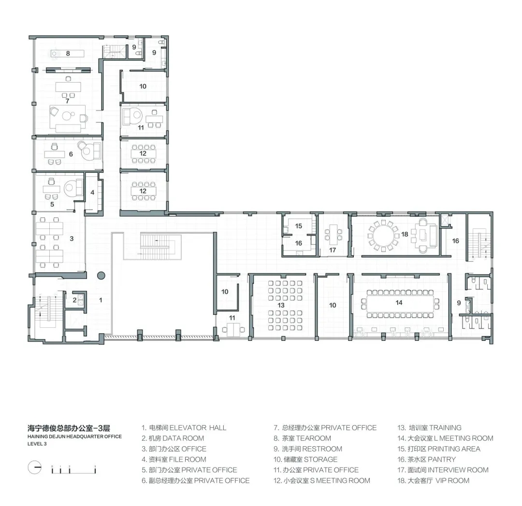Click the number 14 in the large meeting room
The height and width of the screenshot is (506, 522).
[399, 303]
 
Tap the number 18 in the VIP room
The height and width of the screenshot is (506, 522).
[405, 234]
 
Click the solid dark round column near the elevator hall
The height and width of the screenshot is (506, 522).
[101, 275]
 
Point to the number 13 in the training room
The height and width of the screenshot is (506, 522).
[281, 305]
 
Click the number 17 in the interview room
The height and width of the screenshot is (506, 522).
[333, 250]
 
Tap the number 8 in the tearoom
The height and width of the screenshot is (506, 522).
[68, 53]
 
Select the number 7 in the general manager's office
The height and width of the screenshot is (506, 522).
[67, 101]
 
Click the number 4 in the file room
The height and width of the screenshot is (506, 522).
[92, 192]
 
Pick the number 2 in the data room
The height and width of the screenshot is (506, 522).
[74, 300]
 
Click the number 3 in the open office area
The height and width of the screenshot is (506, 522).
[72, 239]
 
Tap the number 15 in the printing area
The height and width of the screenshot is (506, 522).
[299, 226]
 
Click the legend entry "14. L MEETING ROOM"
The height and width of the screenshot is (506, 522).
[446, 438]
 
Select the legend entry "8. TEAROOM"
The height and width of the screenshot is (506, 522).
[303, 438]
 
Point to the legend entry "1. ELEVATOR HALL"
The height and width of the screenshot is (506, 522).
[184, 427]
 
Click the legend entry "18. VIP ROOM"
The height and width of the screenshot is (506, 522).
[434, 480]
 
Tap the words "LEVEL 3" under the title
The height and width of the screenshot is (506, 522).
[37, 444]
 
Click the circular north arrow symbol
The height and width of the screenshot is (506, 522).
[34, 467]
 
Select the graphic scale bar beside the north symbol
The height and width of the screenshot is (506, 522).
[73, 470]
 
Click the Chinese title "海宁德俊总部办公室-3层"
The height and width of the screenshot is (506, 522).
[69, 428]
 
